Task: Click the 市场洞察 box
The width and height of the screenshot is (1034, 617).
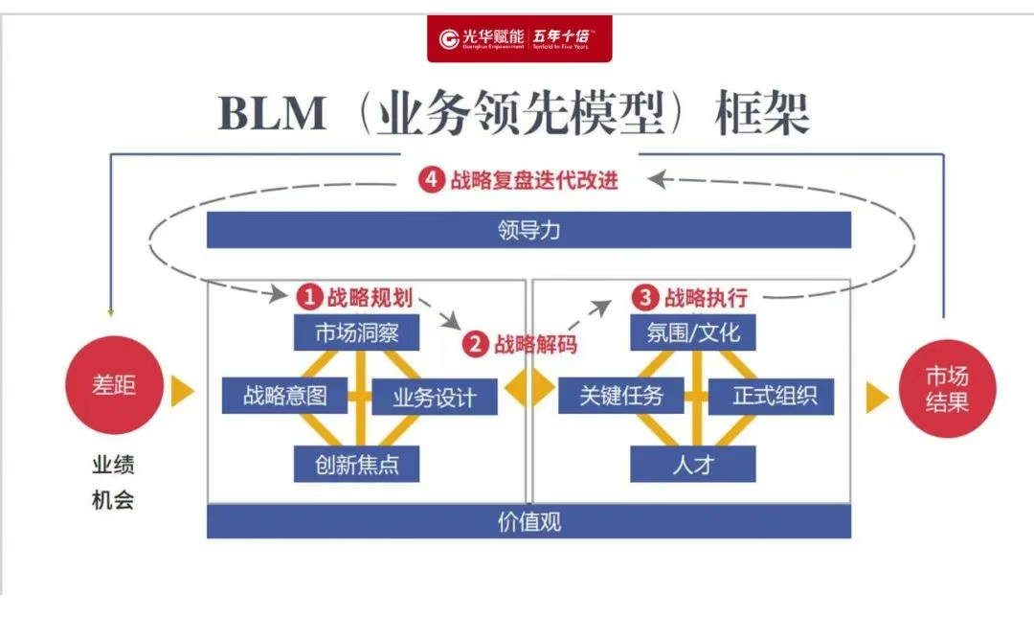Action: click(x=356, y=332)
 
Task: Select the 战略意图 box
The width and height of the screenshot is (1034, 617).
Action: click(x=284, y=396)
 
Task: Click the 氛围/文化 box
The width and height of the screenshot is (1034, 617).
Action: click(x=693, y=332)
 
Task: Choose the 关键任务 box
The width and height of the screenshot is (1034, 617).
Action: click(x=620, y=396)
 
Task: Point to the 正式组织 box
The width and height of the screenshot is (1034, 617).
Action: click(x=772, y=396)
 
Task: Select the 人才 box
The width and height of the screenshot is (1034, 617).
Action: click(x=692, y=465)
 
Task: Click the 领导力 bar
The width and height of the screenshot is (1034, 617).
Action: click(x=528, y=230)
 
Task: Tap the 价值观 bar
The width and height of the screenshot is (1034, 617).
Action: click(x=528, y=521)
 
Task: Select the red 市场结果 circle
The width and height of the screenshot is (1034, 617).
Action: click(x=946, y=388)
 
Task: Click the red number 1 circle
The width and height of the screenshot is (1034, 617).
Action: click(x=308, y=297)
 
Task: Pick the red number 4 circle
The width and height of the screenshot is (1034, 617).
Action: click(x=432, y=179)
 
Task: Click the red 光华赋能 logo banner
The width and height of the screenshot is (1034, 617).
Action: click(x=519, y=38)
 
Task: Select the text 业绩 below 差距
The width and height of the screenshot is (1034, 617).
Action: click(x=113, y=466)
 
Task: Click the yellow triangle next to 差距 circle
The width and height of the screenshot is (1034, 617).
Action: click(x=182, y=391)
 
